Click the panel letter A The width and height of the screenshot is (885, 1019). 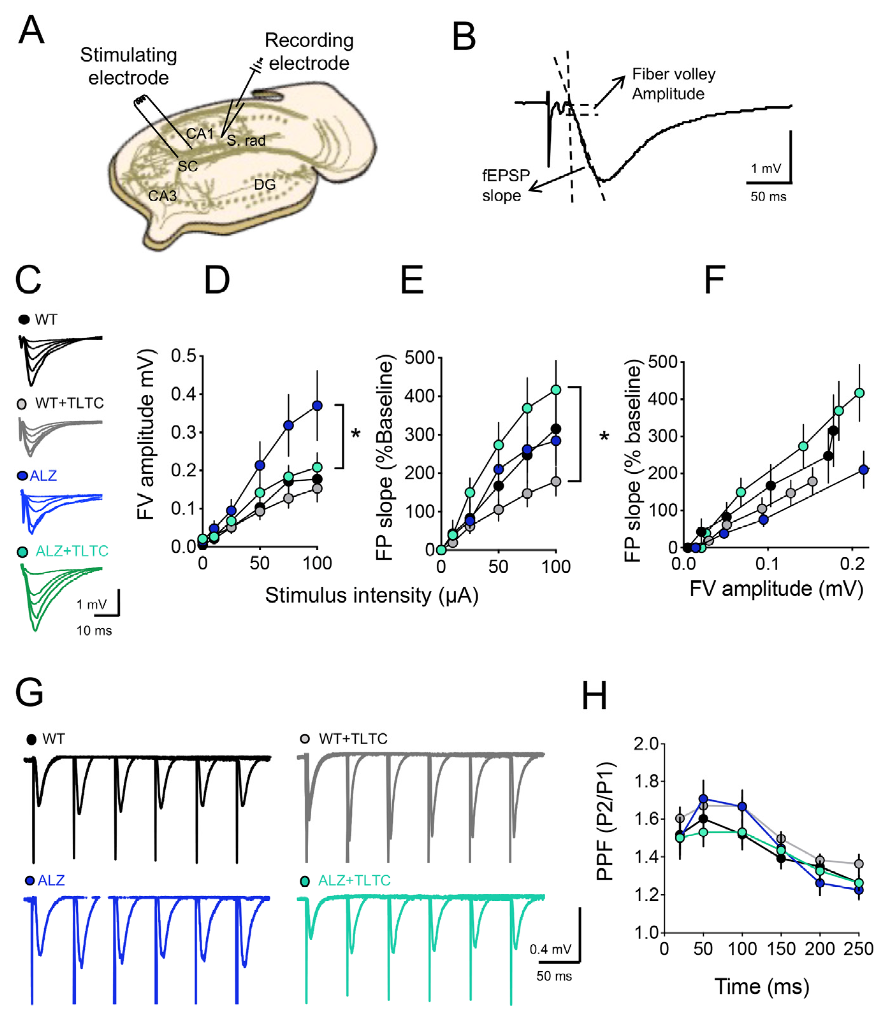31,31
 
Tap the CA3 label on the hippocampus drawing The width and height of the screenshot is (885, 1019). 163,196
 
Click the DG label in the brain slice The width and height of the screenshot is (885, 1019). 265,184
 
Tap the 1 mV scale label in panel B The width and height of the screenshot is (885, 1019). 766,169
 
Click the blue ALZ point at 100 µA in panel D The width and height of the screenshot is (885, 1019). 317,405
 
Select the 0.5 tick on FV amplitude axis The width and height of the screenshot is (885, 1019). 183,356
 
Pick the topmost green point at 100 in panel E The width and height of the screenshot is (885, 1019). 556,389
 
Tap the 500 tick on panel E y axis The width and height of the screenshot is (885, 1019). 419,357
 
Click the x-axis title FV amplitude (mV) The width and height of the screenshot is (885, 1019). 776,589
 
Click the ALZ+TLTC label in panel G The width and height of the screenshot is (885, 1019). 354,880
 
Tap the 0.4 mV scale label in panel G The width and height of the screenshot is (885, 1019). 550,949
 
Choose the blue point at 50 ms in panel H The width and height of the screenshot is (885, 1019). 703,799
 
